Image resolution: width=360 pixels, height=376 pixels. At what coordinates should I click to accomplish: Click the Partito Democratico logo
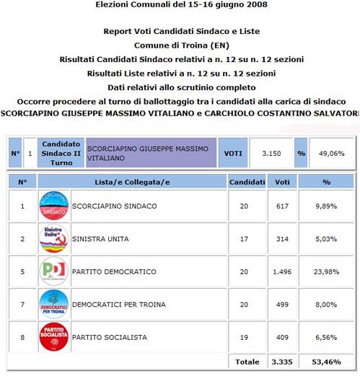[x=53, y=271]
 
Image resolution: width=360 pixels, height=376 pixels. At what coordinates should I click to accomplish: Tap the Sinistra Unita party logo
[x=53, y=239]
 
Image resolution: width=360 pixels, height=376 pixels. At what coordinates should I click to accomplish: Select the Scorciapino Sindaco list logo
[x=53, y=206]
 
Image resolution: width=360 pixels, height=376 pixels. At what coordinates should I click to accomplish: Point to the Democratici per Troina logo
[x=53, y=304]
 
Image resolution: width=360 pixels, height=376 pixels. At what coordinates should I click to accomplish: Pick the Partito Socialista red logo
[x=53, y=337]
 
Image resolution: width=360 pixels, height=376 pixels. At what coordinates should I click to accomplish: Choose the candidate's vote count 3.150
[x=270, y=153]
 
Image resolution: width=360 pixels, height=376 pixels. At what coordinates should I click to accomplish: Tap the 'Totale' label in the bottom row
[x=247, y=360]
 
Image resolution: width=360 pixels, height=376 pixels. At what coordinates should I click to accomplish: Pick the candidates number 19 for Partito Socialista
[x=244, y=337]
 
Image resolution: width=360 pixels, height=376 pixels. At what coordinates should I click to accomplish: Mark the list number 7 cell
[x=22, y=304]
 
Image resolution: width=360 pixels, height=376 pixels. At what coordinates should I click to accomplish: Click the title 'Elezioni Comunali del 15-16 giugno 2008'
[x=180, y=4]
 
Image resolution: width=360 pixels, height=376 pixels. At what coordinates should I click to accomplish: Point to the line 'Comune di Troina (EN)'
[x=180, y=45]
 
